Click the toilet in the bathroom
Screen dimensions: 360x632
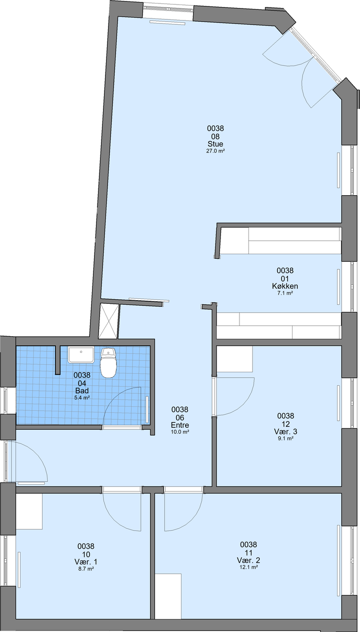pyautogui.click(x=108, y=363)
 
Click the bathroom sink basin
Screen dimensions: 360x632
pyautogui.click(x=81, y=355)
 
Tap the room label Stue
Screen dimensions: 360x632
pyautogui.click(x=215, y=144)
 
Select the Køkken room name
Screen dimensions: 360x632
pyautogui.click(x=285, y=286)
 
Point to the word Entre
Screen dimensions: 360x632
pyautogui.click(x=180, y=425)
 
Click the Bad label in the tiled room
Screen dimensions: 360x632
pyautogui.click(x=82, y=391)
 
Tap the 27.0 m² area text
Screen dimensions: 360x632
pyautogui.click(x=215, y=151)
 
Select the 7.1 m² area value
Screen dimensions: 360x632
pyautogui.click(x=285, y=293)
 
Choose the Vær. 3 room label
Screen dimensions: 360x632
pyautogui.click(x=285, y=431)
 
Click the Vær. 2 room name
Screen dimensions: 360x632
pyautogui.click(x=248, y=560)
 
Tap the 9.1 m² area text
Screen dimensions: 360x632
pyautogui.click(x=285, y=439)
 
